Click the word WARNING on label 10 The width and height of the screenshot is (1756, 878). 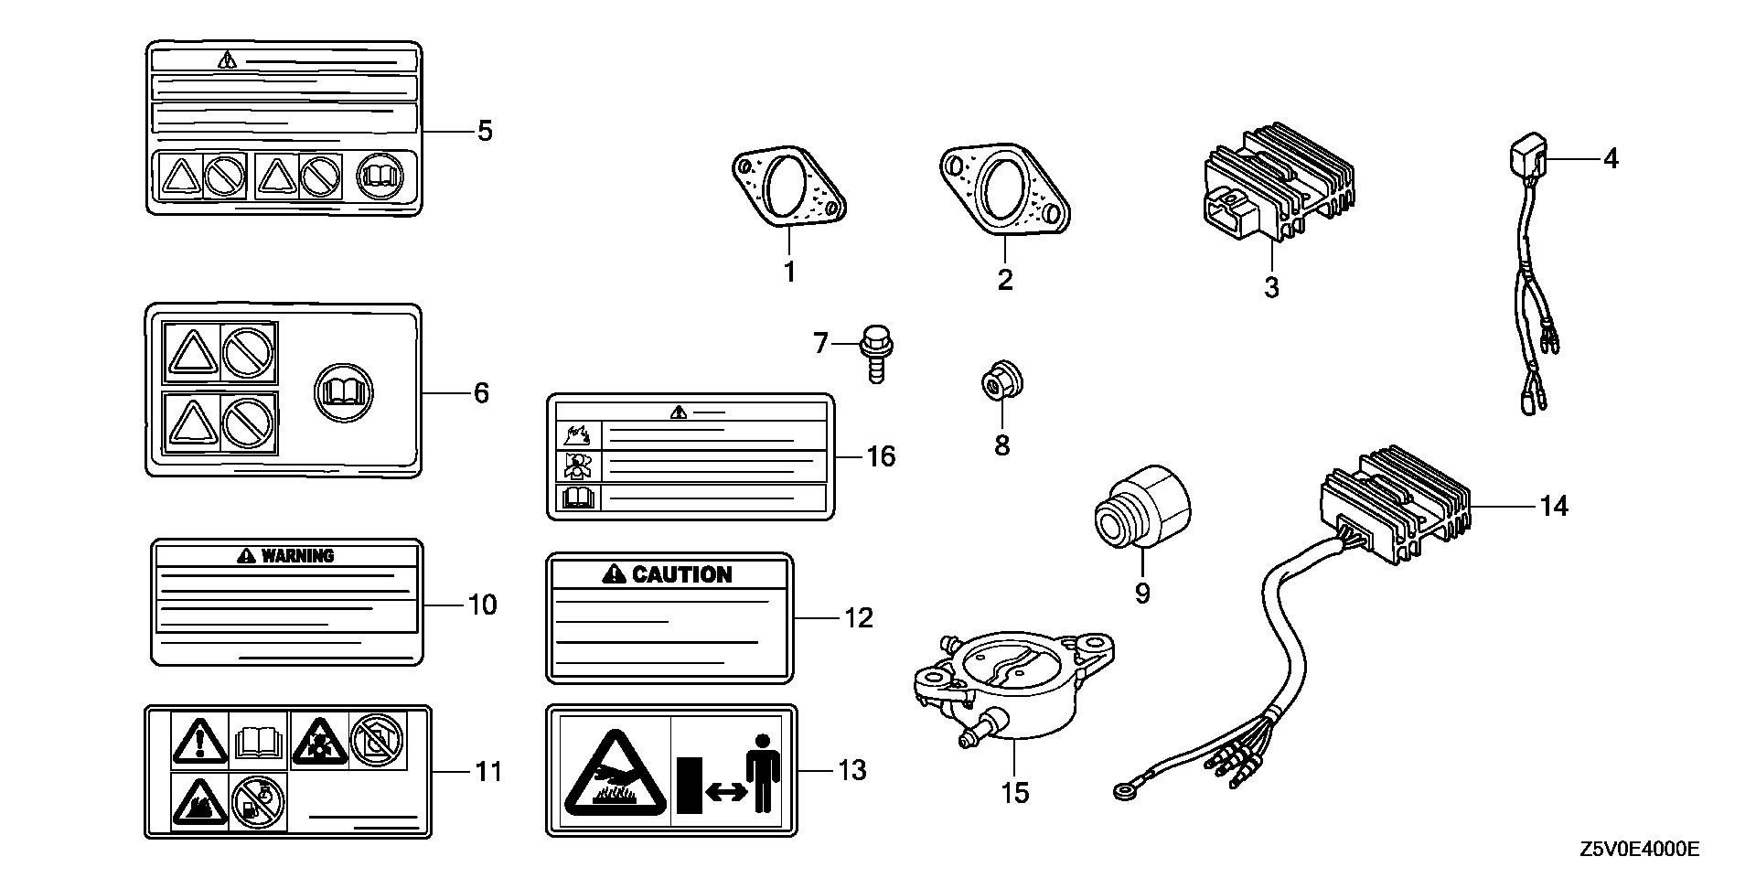pyautogui.click(x=297, y=555)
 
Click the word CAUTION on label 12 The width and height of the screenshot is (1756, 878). pyautogui.click(x=681, y=574)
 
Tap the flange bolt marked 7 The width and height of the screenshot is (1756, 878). pyautogui.click(x=875, y=352)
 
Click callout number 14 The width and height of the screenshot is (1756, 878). pyautogui.click(x=1554, y=506)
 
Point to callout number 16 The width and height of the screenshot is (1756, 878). pyautogui.click(x=881, y=455)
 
